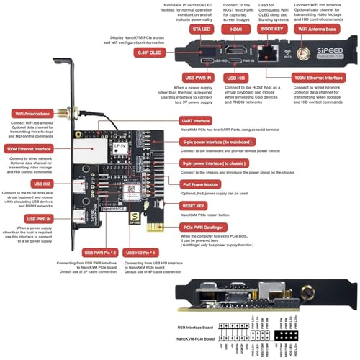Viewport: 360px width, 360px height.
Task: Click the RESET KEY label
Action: tap(199, 205)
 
